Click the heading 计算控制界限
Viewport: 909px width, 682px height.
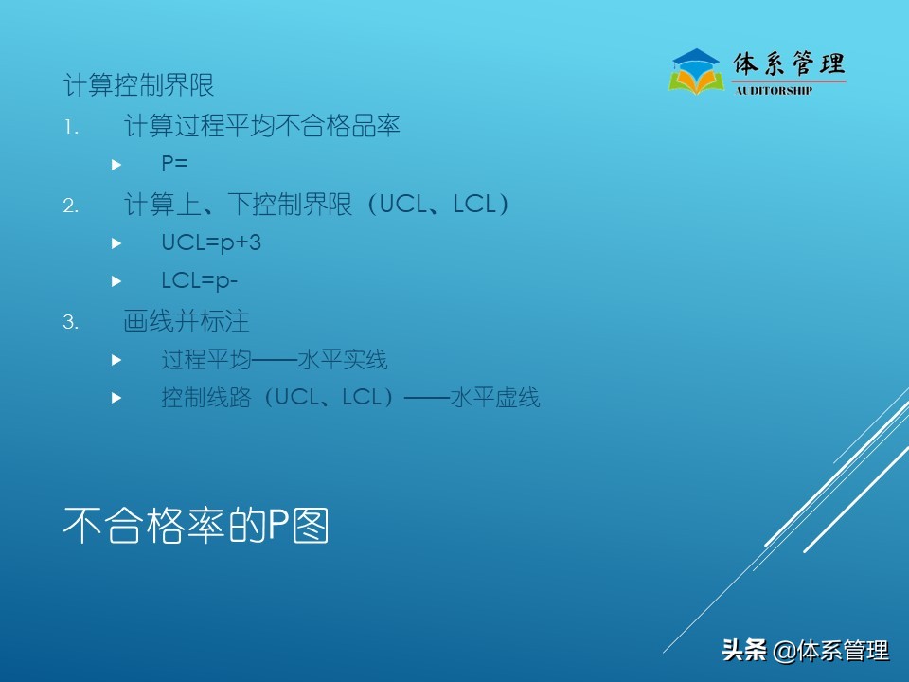(139, 85)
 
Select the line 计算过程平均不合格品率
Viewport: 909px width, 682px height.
(261, 125)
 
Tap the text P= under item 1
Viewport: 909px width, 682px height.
(174, 164)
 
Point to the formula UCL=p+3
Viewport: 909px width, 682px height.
(211, 243)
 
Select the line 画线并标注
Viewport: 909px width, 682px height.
(187, 321)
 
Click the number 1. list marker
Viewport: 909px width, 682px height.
(71, 126)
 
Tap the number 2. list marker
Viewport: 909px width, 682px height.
(71, 206)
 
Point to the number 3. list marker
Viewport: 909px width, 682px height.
(71, 322)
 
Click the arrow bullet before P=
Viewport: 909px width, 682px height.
(116, 165)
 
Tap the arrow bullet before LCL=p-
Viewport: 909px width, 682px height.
(116, 282)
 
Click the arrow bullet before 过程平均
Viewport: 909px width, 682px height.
(116, 361)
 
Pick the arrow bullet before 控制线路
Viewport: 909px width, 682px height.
(116, 399)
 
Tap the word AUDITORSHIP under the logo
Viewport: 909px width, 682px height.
(774, 91)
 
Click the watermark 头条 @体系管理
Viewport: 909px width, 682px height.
(805, 651)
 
